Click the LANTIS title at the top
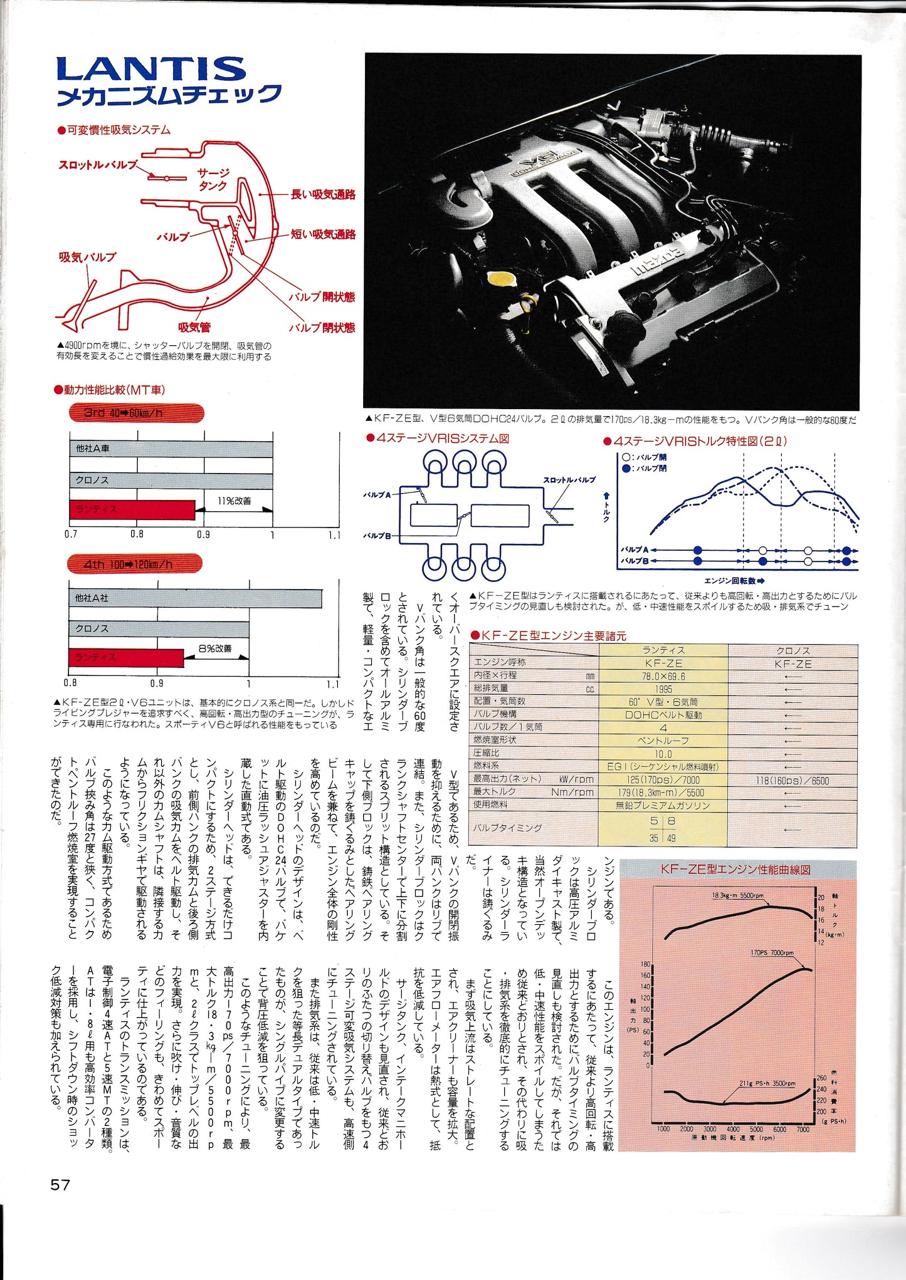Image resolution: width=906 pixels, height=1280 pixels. [150, 69]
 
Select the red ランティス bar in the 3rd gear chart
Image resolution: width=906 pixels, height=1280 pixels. [132, 509]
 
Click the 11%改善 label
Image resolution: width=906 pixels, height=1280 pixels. [234, 501]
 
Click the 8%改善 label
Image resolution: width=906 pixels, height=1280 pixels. [215, 648]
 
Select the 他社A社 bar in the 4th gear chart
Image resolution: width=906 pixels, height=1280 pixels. [195, 598]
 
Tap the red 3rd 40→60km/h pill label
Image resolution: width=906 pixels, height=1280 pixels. [136, 414]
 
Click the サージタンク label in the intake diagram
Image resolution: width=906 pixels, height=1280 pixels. [213, 179]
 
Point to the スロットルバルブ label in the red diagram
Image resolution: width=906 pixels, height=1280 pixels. [98, 165]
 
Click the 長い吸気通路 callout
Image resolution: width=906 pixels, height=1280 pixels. [323, 195]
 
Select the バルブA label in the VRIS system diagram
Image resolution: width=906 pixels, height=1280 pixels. [377, 495]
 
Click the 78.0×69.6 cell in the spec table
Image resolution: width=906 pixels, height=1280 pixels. [663, 677]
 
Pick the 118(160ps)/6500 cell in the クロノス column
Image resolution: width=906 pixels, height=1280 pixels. [792, 781]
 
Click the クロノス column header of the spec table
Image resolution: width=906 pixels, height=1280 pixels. [793, 650]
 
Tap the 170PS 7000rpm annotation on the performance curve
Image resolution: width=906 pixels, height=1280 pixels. [772, 953]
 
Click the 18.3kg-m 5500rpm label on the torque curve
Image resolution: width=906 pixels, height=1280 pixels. [737, 895]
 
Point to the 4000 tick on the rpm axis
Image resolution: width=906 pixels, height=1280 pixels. [733, 1129]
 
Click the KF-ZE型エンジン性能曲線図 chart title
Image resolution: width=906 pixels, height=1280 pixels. [735, 870]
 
